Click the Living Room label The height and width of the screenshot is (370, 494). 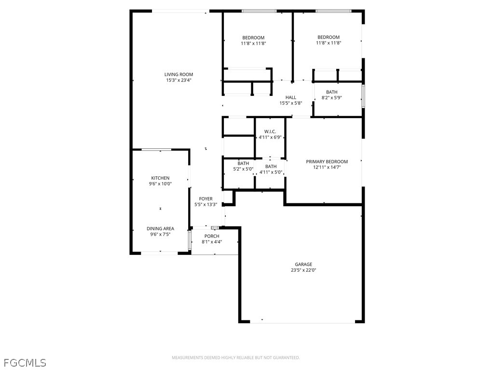tap(178, 75)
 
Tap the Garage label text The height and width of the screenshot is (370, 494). tap(303, 264)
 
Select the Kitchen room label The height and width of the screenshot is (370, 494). tap(160, 178)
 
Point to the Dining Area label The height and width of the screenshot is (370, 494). tap(160, 228)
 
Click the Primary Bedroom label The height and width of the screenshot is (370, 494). tap(327, 161)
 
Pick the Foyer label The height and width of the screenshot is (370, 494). tap(206, 198)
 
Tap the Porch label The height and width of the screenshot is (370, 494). tap(212, 236)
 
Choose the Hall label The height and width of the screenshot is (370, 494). tap(290, 97)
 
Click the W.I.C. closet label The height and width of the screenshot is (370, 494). tap(270, 132)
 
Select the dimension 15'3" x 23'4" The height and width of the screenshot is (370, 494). tap(178, 80)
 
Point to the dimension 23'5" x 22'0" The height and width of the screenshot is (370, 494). tap(303, 270)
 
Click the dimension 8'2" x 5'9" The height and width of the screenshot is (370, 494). tap(331, 98)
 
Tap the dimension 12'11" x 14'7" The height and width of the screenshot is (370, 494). tap(327, 168)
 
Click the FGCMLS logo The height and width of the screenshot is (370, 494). tap(25, 362)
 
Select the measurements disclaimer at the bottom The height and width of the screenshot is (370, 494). tap(236, 357)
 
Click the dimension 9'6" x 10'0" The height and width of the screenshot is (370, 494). tap(160, 184)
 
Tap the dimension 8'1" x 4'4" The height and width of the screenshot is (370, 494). tap(212, 242)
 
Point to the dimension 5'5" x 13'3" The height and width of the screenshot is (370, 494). tap(206, 204)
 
